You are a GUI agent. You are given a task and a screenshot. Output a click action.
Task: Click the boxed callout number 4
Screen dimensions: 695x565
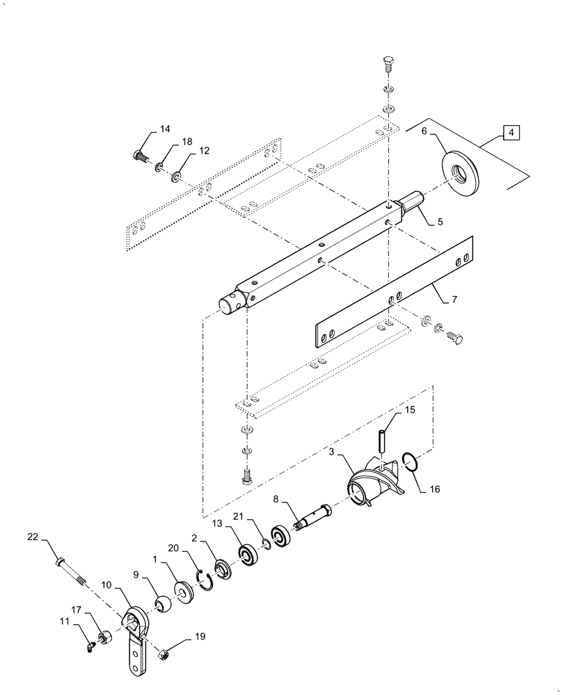510,132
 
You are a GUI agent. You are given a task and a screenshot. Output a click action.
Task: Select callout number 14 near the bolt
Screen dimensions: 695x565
164,129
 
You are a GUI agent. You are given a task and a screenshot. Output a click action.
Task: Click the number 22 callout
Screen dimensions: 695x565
33,537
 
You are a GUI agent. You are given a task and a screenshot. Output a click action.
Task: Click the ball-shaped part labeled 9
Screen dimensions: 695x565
164,605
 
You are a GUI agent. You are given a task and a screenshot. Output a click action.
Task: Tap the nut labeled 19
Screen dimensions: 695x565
166,654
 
